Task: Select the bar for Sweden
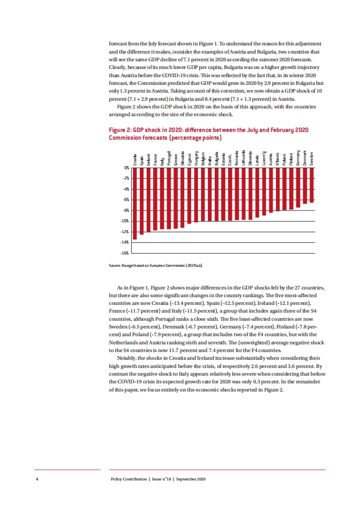point(312,185)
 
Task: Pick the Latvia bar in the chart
point(257,192)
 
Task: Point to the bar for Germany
point(298,187)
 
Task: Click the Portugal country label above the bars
point(169,158)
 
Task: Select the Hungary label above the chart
point(196,158)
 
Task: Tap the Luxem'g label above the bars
point(264,158)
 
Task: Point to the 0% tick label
point(127,168)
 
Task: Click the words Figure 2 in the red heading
point(120,130)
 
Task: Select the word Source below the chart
point(114,266)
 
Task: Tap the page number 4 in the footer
point(37,479)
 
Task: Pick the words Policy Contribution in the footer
point(129,479)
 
